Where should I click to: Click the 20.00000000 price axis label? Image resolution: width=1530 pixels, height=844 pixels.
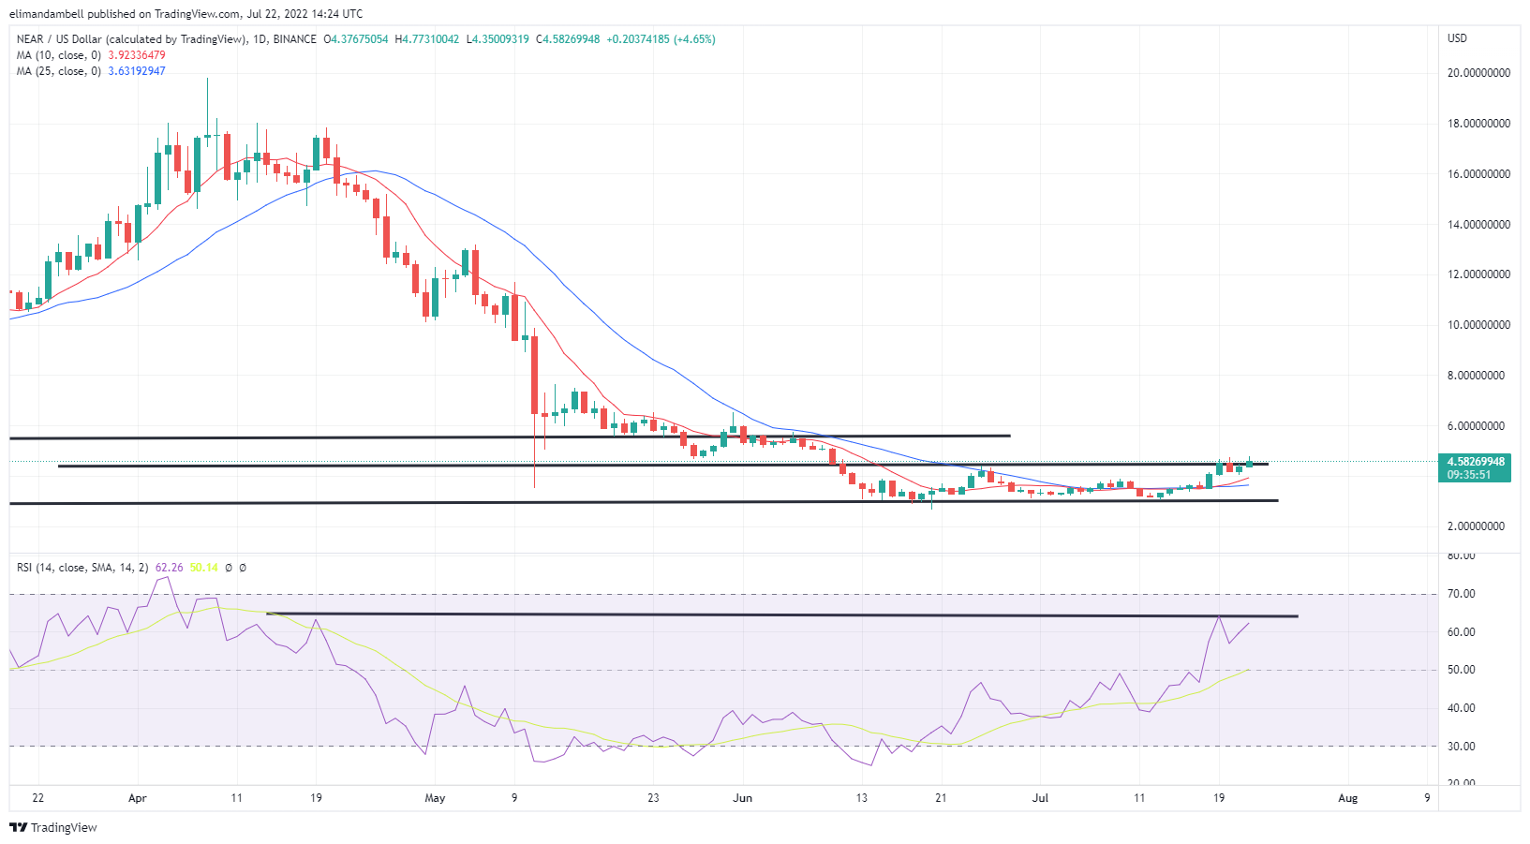[1478, 73]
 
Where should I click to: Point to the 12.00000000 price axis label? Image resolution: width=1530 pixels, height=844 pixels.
[1478, 274]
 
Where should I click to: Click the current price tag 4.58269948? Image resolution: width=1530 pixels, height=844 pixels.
[1476, 462]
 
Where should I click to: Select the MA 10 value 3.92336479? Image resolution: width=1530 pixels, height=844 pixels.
[137, 55]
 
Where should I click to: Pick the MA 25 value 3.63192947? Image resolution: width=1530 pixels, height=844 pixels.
[137, 71]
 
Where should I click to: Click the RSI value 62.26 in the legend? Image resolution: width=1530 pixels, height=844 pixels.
[170, 568]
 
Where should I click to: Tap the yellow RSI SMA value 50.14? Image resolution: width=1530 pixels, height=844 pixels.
[203, 568]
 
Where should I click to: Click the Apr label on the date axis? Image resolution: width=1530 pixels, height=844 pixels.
[137, 798]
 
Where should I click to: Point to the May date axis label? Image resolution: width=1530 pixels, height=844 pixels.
[435, 798]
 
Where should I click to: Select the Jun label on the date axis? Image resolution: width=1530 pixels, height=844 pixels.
[742, 798]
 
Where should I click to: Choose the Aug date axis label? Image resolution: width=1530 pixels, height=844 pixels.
[1347, 798]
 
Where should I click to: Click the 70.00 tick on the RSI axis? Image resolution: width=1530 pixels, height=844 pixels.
[1462, 594]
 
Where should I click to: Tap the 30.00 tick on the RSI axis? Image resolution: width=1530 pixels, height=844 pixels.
[1462, 747]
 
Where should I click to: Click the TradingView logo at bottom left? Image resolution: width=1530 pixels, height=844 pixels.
[53, 828]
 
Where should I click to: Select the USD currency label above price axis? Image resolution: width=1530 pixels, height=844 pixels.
[1457, 38]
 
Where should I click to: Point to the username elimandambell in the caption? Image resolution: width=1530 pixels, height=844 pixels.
[47, 14]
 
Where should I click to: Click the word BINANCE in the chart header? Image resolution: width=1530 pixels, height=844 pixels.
[295, 39]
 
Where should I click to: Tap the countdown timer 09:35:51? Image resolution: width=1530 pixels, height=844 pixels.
[1469, 475]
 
